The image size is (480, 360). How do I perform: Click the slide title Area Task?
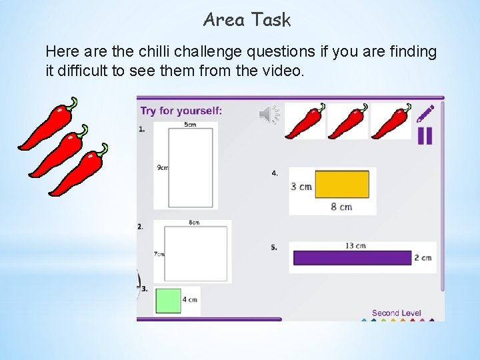(x=247, y=20)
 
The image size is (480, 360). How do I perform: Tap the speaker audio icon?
(x=269, y=115)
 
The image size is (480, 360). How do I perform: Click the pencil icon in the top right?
(x=425, y=113)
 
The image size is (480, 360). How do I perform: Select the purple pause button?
(x=425, y=135)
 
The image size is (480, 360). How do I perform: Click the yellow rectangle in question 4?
(x=342, y=185)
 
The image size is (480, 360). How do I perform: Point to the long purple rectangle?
(x=352, y=257)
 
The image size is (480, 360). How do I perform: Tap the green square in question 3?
(x=168, y=300)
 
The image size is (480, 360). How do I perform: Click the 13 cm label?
(x=355, y=245)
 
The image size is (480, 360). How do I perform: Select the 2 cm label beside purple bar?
(x=423, y=257)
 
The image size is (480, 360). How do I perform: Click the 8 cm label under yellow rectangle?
(x=341, y=207)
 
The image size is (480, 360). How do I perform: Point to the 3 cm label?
(x=301, y=187)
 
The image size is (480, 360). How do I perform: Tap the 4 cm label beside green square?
(x=190, y=300)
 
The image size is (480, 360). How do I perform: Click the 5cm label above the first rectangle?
(x=190, y=125)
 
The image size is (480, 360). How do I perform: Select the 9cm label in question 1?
(x=162, y=168)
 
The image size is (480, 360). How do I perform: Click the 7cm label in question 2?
(x=159, y=254)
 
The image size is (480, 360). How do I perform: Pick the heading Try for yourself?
(x=181, y=111)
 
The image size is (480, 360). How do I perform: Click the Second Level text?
(x=396, y=313)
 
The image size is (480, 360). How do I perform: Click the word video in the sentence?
(x=284, y=70)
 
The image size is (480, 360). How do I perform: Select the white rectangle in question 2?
(x=195, y=253)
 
